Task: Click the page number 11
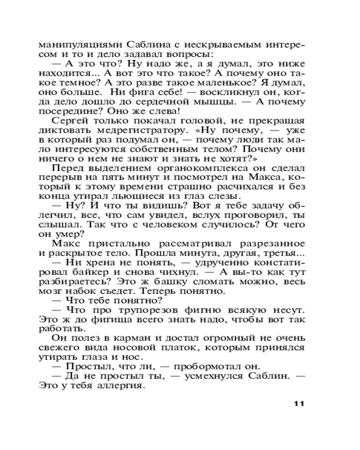point(299,403)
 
